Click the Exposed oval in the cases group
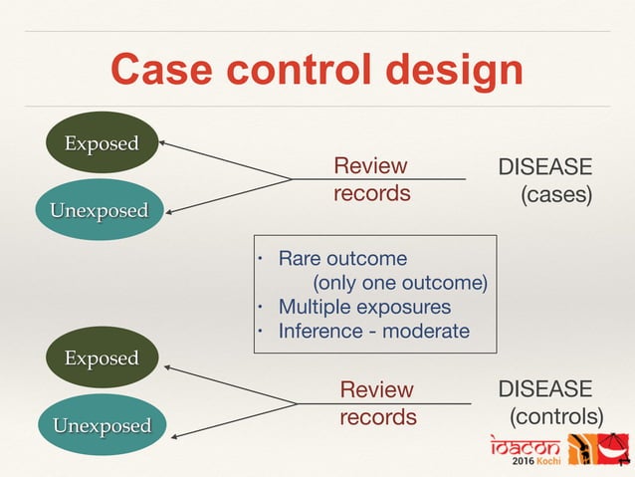point(101,143)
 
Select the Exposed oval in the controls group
point(101,358)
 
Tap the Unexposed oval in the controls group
point(102,425)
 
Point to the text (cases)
point(557,193)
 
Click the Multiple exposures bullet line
point(363,307)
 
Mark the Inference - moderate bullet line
point(372,331)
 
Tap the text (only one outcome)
point(399,283)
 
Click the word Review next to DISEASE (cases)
point(370,165)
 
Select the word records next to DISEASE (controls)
point(377,416)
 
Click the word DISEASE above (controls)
point(544,387)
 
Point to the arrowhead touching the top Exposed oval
point(164,144)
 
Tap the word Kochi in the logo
point(548,463)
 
